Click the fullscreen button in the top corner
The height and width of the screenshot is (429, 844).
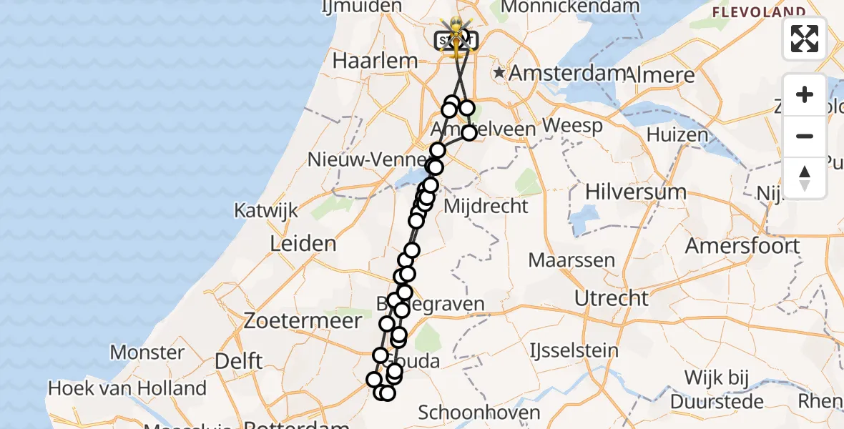[805, 39]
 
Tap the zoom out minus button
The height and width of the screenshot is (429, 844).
[805, 136]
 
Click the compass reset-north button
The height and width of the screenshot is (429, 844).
[805, 177]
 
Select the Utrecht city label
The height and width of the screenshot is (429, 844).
[612, 297]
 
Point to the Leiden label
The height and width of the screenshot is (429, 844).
[303, 243]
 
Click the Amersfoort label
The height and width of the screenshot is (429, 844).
[742, 245]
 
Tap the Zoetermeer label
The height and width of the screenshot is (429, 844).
[303, 321]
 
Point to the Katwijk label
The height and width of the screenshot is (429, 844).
[266, 211]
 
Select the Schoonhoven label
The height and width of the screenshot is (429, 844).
[479, 413]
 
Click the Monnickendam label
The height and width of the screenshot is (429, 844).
[570, 7]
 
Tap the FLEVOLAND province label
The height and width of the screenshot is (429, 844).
[758, 12]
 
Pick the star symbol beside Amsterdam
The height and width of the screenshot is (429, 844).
[499, 73]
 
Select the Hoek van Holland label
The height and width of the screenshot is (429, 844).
[127, 389]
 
